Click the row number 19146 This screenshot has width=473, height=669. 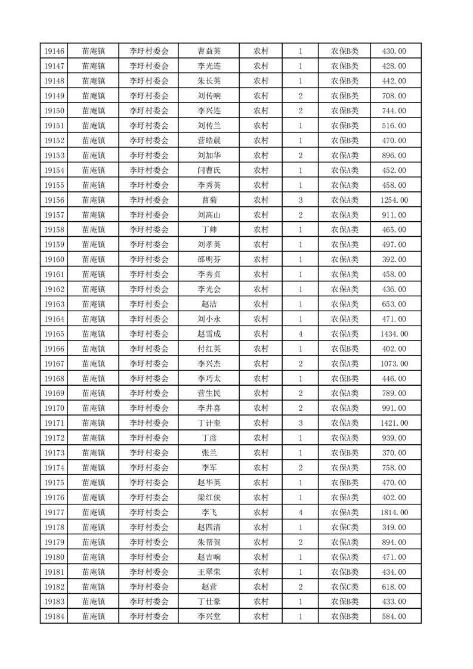click(x=54, y=51)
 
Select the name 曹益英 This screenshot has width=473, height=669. click(x=209, y=51)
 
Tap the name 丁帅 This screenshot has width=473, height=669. click(x=209, y=230)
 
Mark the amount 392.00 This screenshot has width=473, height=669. click(x=395, y=259)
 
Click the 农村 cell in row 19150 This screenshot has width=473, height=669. click(x=261, y=111)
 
